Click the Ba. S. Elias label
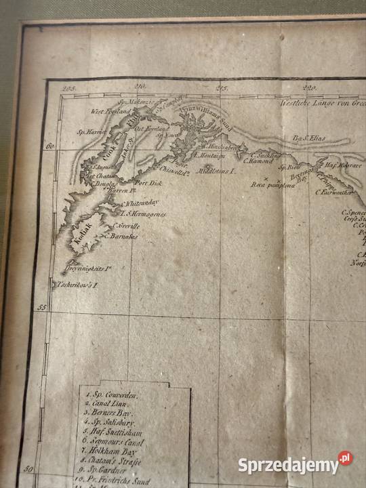[309, 138]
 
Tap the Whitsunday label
[140, 203]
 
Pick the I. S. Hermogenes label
[143, 214]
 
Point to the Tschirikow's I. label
[78, 285]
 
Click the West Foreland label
[110, 111]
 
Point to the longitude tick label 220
[310, 87]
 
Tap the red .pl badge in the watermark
[346, 458]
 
